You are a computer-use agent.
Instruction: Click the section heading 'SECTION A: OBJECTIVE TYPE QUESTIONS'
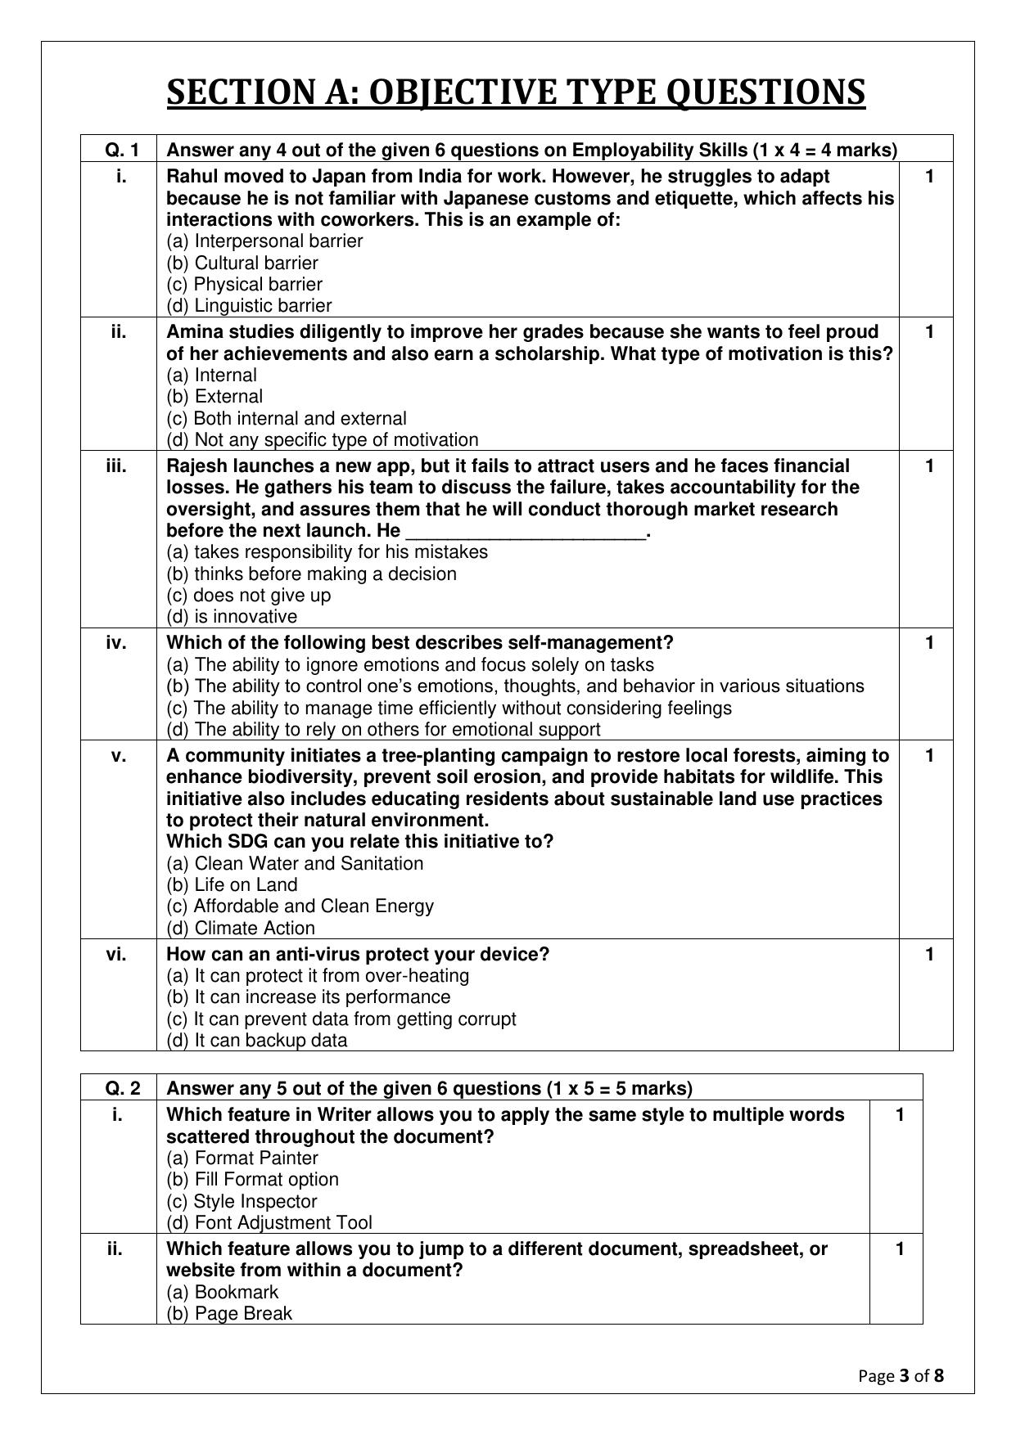pyautogui.click(x=516, y=92)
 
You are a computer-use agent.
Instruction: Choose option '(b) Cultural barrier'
pyautogui.click(x=242, y=263)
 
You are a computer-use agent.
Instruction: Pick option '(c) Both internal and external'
pyautogui.click(x=287, y=418)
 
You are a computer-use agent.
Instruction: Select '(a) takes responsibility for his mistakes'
pyautogui.click(x=327, y=551)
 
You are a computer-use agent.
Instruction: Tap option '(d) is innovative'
pyautogui.click(x=232, y=616)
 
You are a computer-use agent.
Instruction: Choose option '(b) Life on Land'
pyautogui.click(x=233, y=884)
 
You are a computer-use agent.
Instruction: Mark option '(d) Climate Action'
pyautogui.click(x=241, y=928)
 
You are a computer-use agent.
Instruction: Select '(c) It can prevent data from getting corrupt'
pyautogui.click(x=341, y=1019)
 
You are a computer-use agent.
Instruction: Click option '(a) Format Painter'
pyautogui.click(x=242, y=1158)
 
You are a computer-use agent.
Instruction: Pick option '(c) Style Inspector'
pyautogui.click(x=242, y=1201)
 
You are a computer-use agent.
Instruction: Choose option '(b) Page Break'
pyautogui.click(x=229, y=1313)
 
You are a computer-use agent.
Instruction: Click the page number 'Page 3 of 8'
pyautogui.click(x=901, y=1375)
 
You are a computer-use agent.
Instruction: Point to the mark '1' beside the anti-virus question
pyautogui.click(x=928, y=954)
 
